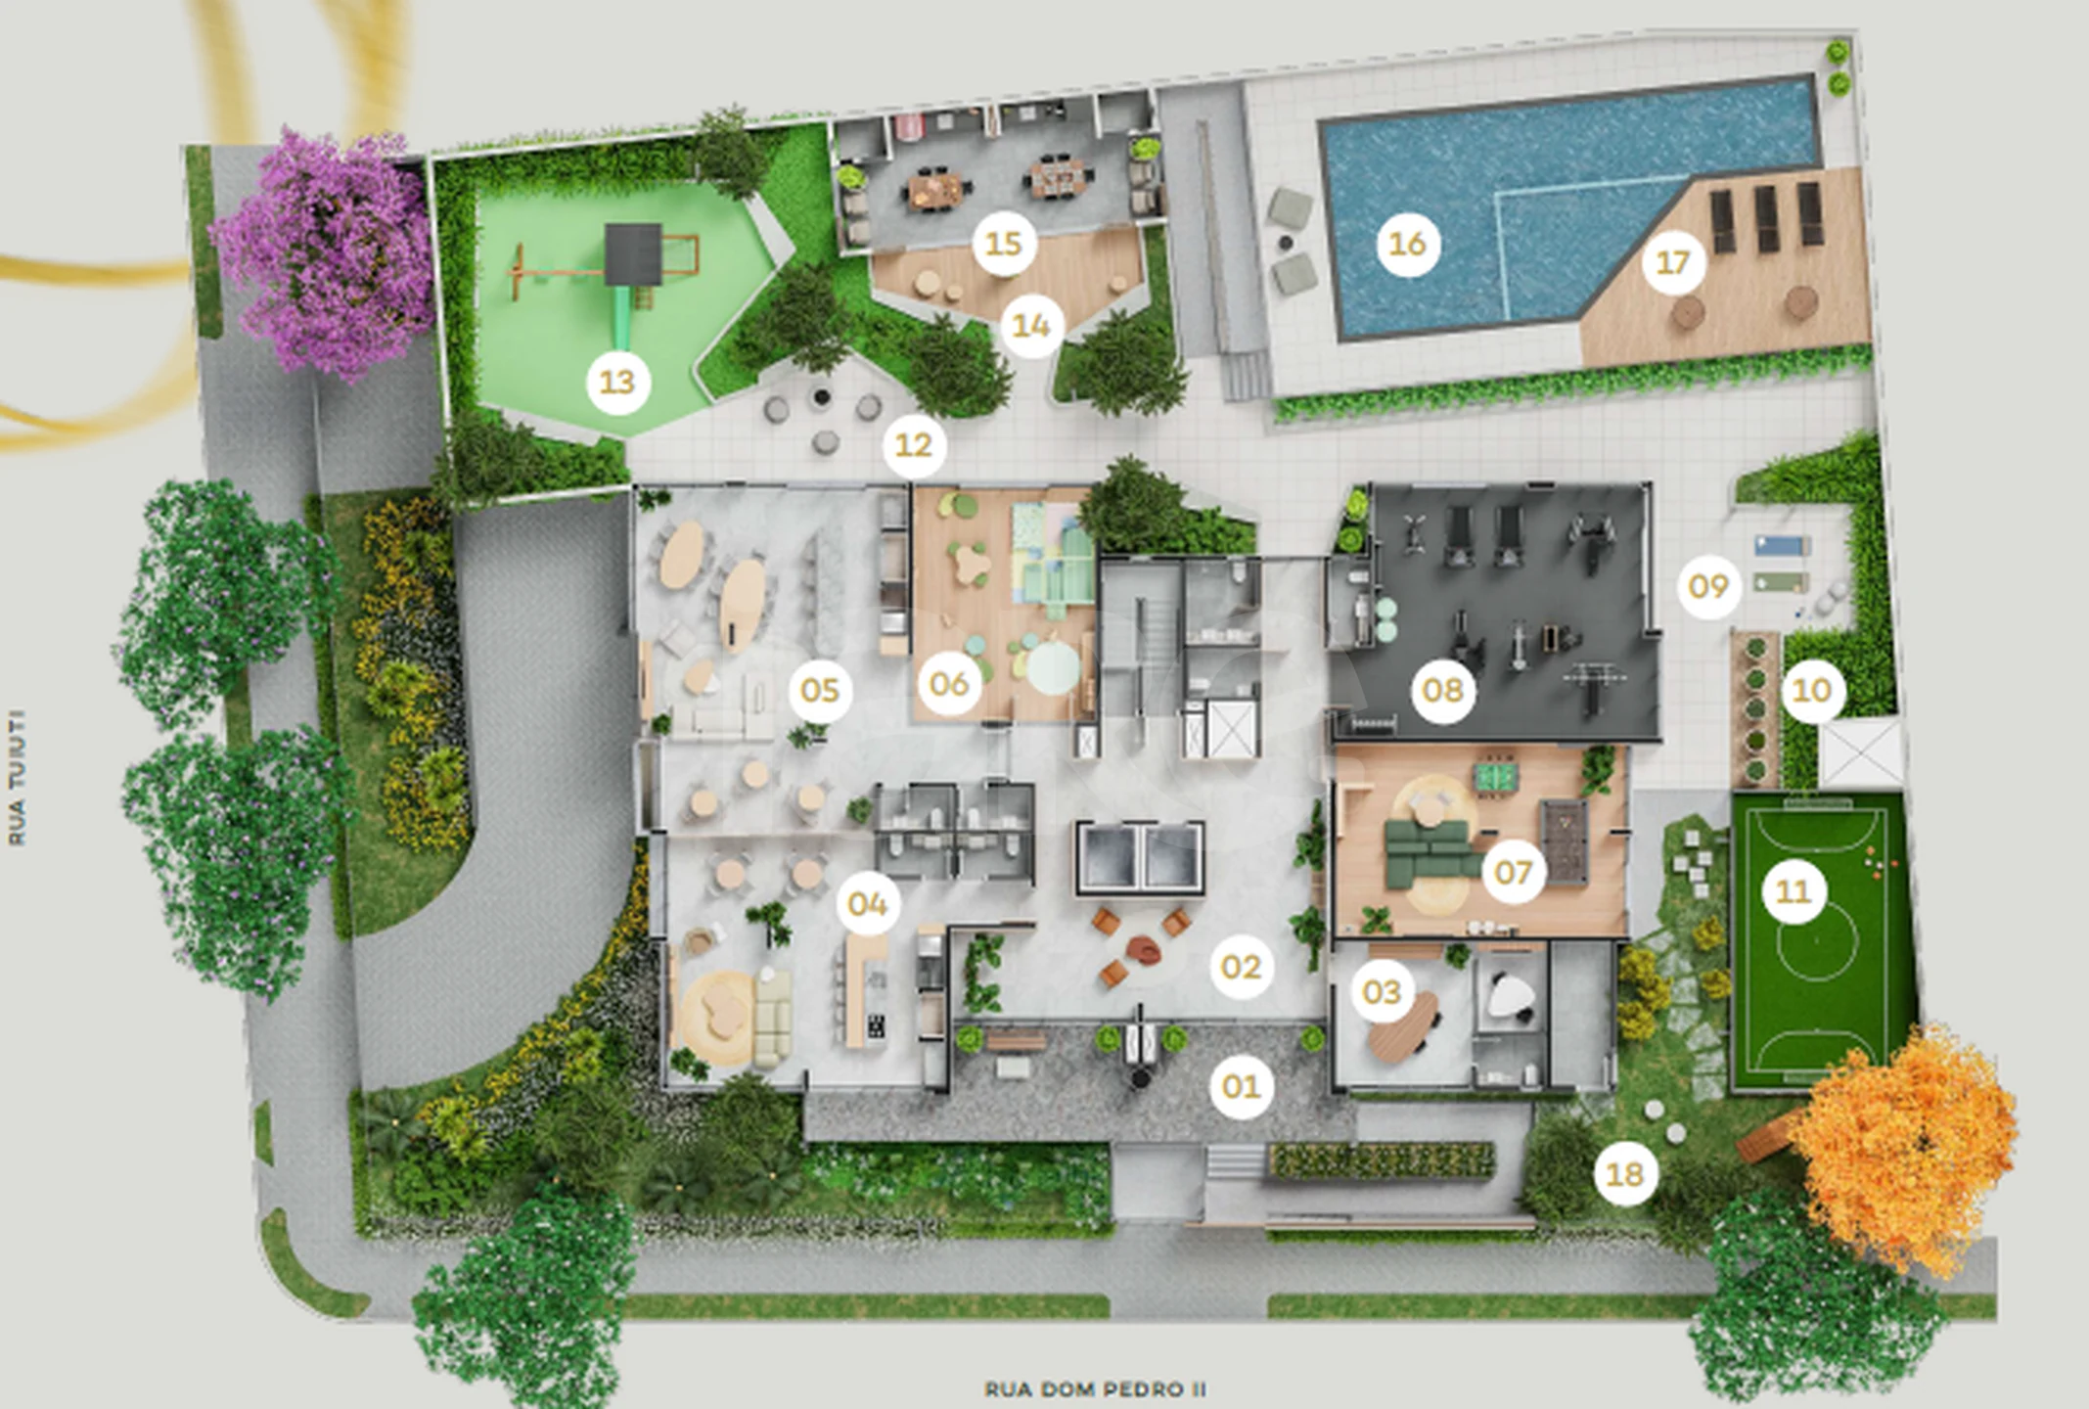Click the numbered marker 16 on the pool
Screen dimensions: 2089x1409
1407,244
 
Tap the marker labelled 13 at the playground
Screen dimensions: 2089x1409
617,382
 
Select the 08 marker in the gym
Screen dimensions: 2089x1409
1442,691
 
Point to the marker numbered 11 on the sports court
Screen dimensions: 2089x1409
1794,891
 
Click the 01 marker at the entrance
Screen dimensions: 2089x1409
1241,1086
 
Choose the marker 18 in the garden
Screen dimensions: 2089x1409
1625,1173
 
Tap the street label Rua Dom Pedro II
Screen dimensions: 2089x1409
1095,1388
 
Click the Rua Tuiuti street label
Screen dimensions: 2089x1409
17,778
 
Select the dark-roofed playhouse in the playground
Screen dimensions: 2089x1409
633,252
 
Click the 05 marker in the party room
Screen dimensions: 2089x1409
820,691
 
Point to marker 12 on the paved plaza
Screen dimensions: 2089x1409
914,446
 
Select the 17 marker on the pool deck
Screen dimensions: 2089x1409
1673,262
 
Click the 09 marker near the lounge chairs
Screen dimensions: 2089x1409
1708,587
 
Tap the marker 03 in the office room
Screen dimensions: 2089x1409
1382,992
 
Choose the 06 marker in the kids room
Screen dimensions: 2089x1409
948,684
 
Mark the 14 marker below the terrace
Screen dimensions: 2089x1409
1031,325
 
